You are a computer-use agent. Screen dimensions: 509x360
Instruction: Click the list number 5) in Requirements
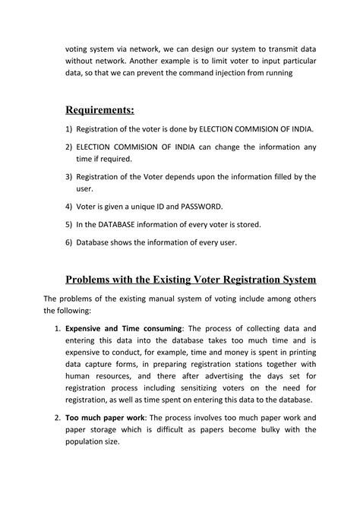pos(68,224)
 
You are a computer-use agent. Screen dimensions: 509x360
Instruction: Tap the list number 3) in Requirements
pos(68,177)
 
